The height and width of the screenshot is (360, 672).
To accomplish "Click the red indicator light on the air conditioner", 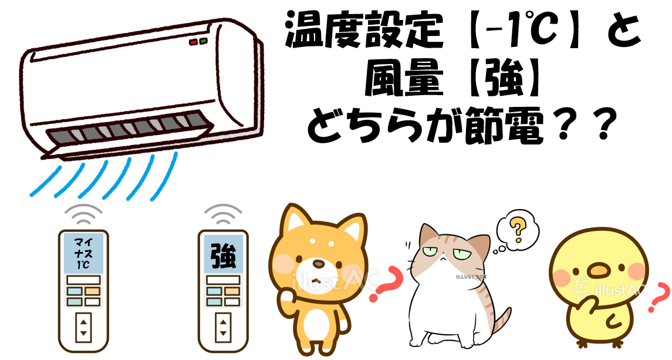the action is click(x=193, y=42).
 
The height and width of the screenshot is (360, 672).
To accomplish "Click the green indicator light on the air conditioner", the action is click(x=203, y=41).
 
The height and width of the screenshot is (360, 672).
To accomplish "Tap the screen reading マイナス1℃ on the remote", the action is click(x=83, y=254).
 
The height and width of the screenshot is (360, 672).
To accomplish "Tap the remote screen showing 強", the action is click(x=223, y=254).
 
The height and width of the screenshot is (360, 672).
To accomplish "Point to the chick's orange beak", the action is click(x=597, y=271).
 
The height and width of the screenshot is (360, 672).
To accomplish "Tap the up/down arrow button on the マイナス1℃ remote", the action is click(x=83, y=327).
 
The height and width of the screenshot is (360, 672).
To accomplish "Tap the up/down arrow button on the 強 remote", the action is click(x=223, y=327).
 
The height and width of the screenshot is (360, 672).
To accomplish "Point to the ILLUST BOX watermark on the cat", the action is click(x=471, y=277).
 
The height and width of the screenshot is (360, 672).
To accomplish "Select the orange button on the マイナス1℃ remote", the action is click(x=92, y=291).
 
